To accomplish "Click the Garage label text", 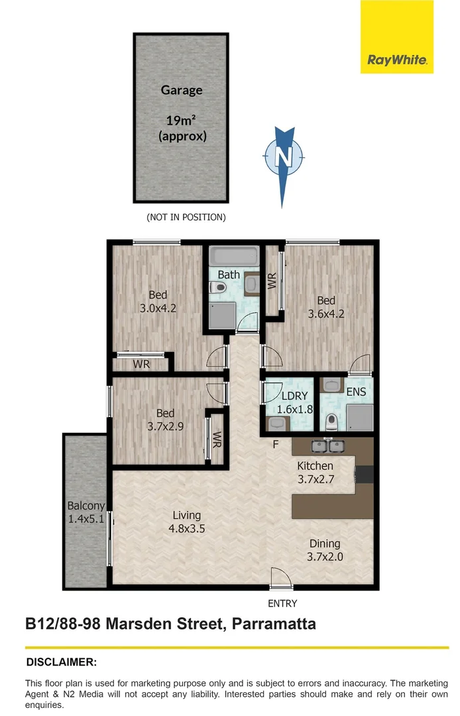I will [x=181, y=90].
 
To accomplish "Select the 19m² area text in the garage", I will [x=182, y=120].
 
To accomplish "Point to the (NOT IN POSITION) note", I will [x=186, y=217].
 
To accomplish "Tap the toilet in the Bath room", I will [x=218, y=288].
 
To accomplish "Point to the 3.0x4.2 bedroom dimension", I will [x=157, y=302].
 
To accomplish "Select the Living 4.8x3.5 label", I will [x=186, y=522].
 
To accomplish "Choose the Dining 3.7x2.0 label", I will [x=325, y=550].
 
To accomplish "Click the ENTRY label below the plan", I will [x=282, y=603].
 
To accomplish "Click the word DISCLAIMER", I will [x=62, y=662].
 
